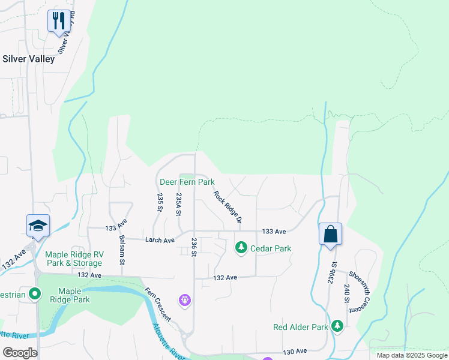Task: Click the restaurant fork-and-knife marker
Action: [59, 22]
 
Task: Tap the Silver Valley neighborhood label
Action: [29, 59]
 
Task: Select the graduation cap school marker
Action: [38, 226]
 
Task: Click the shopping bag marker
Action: [330, 234]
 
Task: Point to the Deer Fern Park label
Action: [187, 181]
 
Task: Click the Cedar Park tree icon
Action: [241, 247]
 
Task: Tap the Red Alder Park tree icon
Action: [338, 326]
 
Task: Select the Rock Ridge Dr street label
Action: [228, 207]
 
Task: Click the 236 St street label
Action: [194, 247]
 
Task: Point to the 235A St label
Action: [178, 205]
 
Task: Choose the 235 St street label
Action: [160, 202]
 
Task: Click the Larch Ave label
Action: [160, 240]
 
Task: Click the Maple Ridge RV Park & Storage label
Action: [74, 259]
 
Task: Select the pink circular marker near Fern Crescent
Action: [185, 299]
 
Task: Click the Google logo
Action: [20, 353]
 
